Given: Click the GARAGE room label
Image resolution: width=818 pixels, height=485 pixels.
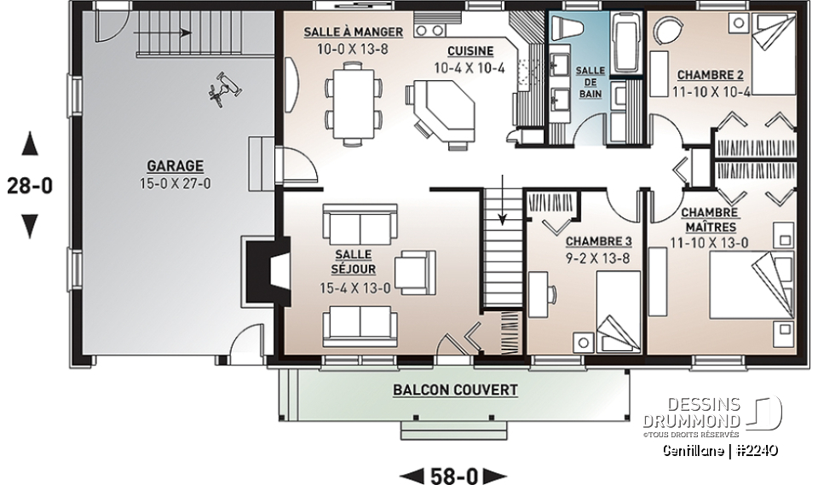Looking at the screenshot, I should tap(174, 165).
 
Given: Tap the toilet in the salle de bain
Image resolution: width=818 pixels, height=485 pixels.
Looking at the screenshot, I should tap(572, 30).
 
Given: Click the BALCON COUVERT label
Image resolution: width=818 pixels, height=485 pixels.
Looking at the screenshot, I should tap(455, 390).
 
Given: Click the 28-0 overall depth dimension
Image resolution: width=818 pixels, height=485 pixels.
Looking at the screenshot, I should tap(29, 185).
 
